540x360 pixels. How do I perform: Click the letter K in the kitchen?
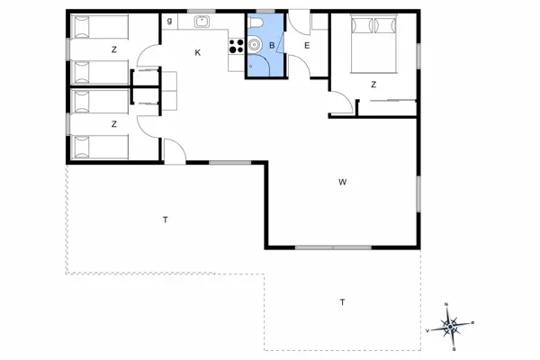coord(198,53)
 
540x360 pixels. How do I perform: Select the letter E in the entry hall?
coord(307,45)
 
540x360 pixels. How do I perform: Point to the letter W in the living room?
coord(343,183)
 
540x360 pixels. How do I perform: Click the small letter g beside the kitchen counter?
coord(169,20)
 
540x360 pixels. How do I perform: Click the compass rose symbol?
coord(451,325)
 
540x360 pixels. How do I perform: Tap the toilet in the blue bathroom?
coord(258,24)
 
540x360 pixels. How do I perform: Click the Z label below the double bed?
coord(373,85)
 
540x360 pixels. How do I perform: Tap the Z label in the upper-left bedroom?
coord(114,50)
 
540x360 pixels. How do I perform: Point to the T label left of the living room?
coord(166,220)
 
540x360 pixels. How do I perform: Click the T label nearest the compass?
coord(342,301)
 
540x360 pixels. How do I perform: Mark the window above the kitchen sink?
coord(202,11)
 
